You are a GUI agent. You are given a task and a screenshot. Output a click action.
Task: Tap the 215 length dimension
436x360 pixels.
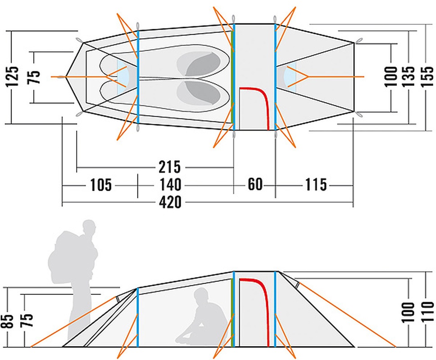pos(169,167)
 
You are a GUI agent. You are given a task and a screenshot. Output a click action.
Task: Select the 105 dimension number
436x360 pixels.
pos(100,185)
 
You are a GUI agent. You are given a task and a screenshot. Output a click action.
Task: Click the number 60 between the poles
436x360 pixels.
pos(254,185)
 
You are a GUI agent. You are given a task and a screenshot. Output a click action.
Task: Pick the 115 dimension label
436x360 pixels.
pos(315,185)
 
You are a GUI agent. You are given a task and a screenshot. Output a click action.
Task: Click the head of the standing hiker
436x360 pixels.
pos(91,227)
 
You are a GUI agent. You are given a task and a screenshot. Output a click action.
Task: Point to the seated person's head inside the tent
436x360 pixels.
pos(201,297)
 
